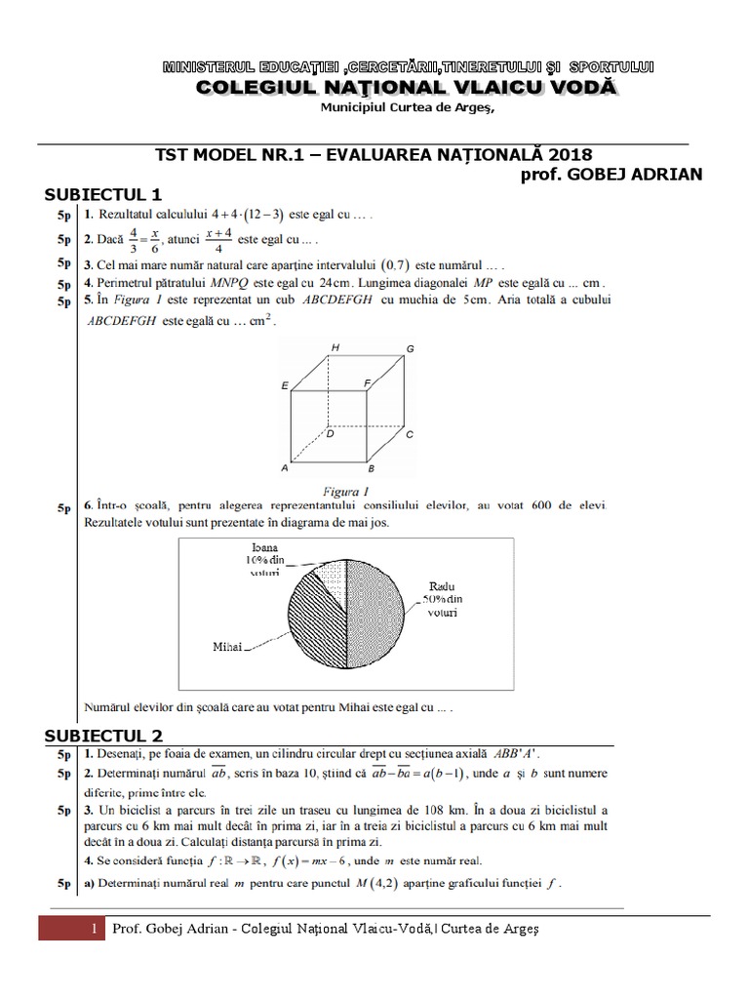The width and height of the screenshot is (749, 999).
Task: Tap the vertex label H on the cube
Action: pyautogui.click(x=335, y=347)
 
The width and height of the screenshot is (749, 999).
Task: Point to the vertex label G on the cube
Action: pyautogui.click(x=411, y=349)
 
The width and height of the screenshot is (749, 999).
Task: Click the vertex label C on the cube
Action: pyautogui.click(x=410, y=434)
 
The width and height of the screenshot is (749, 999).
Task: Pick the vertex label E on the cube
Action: pyautogui.click(x=284, y=386)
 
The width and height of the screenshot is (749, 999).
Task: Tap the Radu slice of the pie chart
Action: pyautogui.click(x=375, y=605)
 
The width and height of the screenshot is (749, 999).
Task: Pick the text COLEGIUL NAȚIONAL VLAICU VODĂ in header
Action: pyautogui.click(x=408, y=88)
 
